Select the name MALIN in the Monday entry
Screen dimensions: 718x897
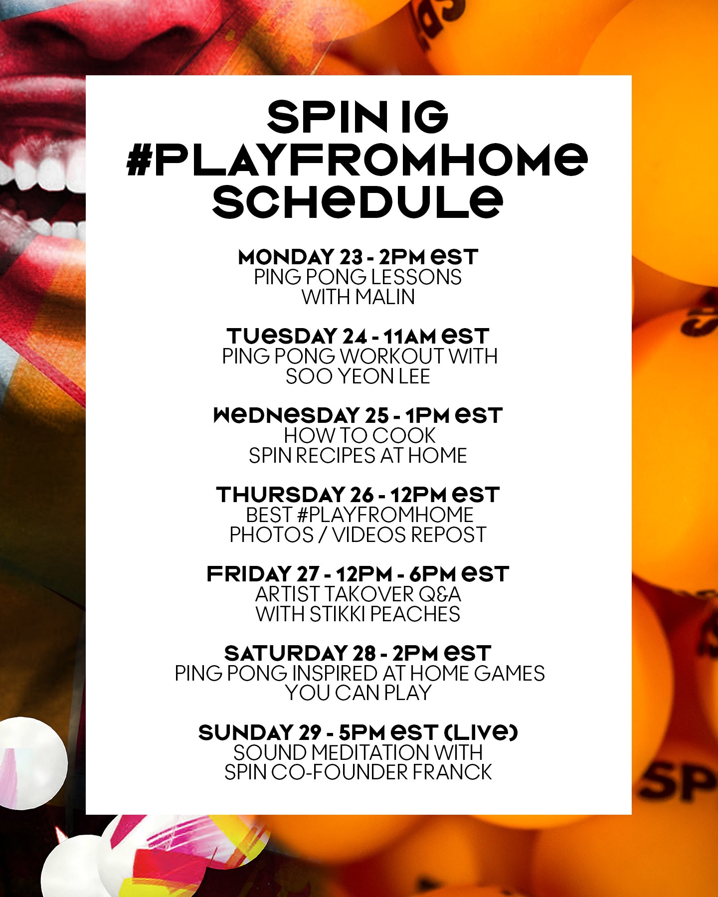coord(385,297)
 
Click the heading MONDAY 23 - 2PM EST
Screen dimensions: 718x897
coord(358,257)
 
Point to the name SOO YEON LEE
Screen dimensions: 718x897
coord(358,376)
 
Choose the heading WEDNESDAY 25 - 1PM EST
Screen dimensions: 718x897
coord(358,415)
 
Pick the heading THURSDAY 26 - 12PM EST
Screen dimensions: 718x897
coord(358,495)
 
